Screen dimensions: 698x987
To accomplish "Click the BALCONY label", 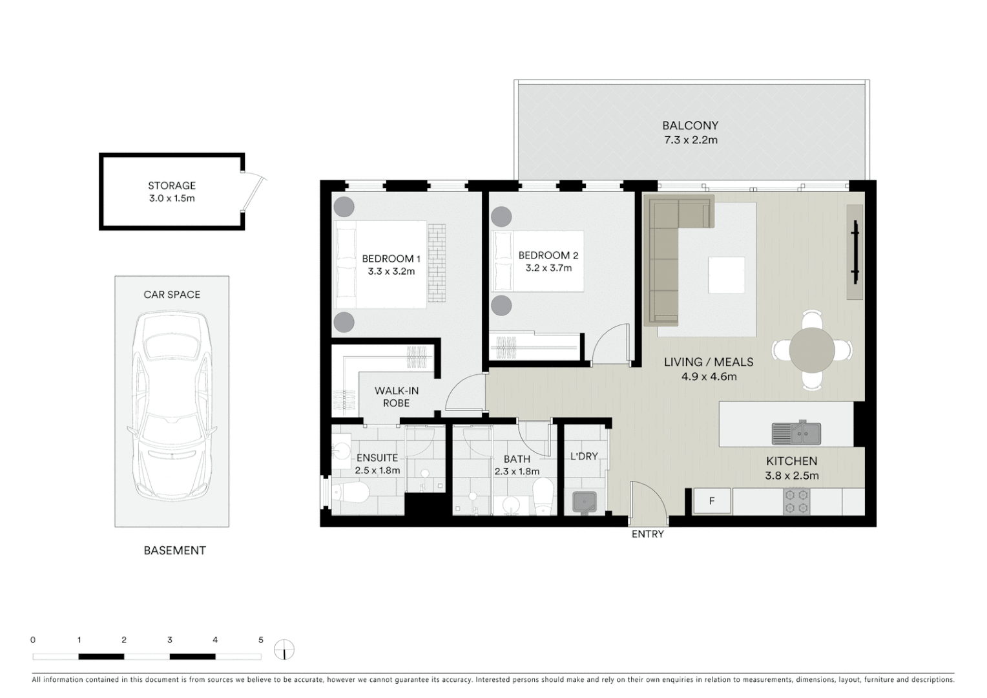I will pos(690,125).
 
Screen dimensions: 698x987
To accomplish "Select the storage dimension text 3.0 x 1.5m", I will pos(171,198).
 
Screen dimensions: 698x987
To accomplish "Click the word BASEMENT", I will pos(174,551).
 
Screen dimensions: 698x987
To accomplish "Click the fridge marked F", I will pos(712,501).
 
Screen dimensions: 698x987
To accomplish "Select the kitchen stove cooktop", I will pos(796,502).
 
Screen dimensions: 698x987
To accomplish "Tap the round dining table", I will pos(812,350).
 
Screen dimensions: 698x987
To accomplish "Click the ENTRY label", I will pos(647,534).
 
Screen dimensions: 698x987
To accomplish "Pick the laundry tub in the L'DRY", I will pos(585,502).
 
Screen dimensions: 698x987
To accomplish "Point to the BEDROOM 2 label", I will pos(548,255).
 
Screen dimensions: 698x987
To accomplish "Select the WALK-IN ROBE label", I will pos(397,397).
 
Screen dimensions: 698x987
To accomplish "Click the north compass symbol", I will pos(284,650).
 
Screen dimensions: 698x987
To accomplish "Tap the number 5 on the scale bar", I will pos(261,640).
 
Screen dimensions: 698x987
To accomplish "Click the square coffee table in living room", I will pos(726,275).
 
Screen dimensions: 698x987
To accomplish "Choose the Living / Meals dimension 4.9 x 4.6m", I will pos(709,376).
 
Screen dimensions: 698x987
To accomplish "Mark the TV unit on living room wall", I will pos(855,252).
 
